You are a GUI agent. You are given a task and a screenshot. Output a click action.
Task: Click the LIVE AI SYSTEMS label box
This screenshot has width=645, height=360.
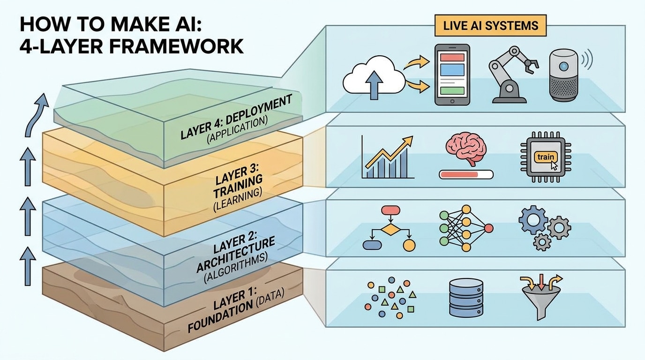490,26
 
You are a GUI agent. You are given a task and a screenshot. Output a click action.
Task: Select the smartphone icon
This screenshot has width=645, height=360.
452,75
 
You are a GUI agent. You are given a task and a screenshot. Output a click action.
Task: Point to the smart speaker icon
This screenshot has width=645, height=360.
564,75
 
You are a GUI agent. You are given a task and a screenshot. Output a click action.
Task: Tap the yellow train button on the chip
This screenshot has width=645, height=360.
545,157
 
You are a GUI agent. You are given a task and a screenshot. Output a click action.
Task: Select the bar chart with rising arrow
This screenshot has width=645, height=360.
388,157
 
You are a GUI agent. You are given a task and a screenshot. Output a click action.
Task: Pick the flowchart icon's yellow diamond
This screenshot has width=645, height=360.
390,230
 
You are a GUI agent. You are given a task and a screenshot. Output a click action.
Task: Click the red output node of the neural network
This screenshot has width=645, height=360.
488,228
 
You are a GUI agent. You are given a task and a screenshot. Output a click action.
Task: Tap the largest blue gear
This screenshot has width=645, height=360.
533,220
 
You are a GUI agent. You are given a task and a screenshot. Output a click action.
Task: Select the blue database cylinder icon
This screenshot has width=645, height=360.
466,298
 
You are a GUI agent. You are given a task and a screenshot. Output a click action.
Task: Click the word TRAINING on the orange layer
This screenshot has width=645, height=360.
238,187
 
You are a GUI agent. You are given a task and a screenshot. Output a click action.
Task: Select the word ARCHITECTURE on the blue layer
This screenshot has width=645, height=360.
235,255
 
